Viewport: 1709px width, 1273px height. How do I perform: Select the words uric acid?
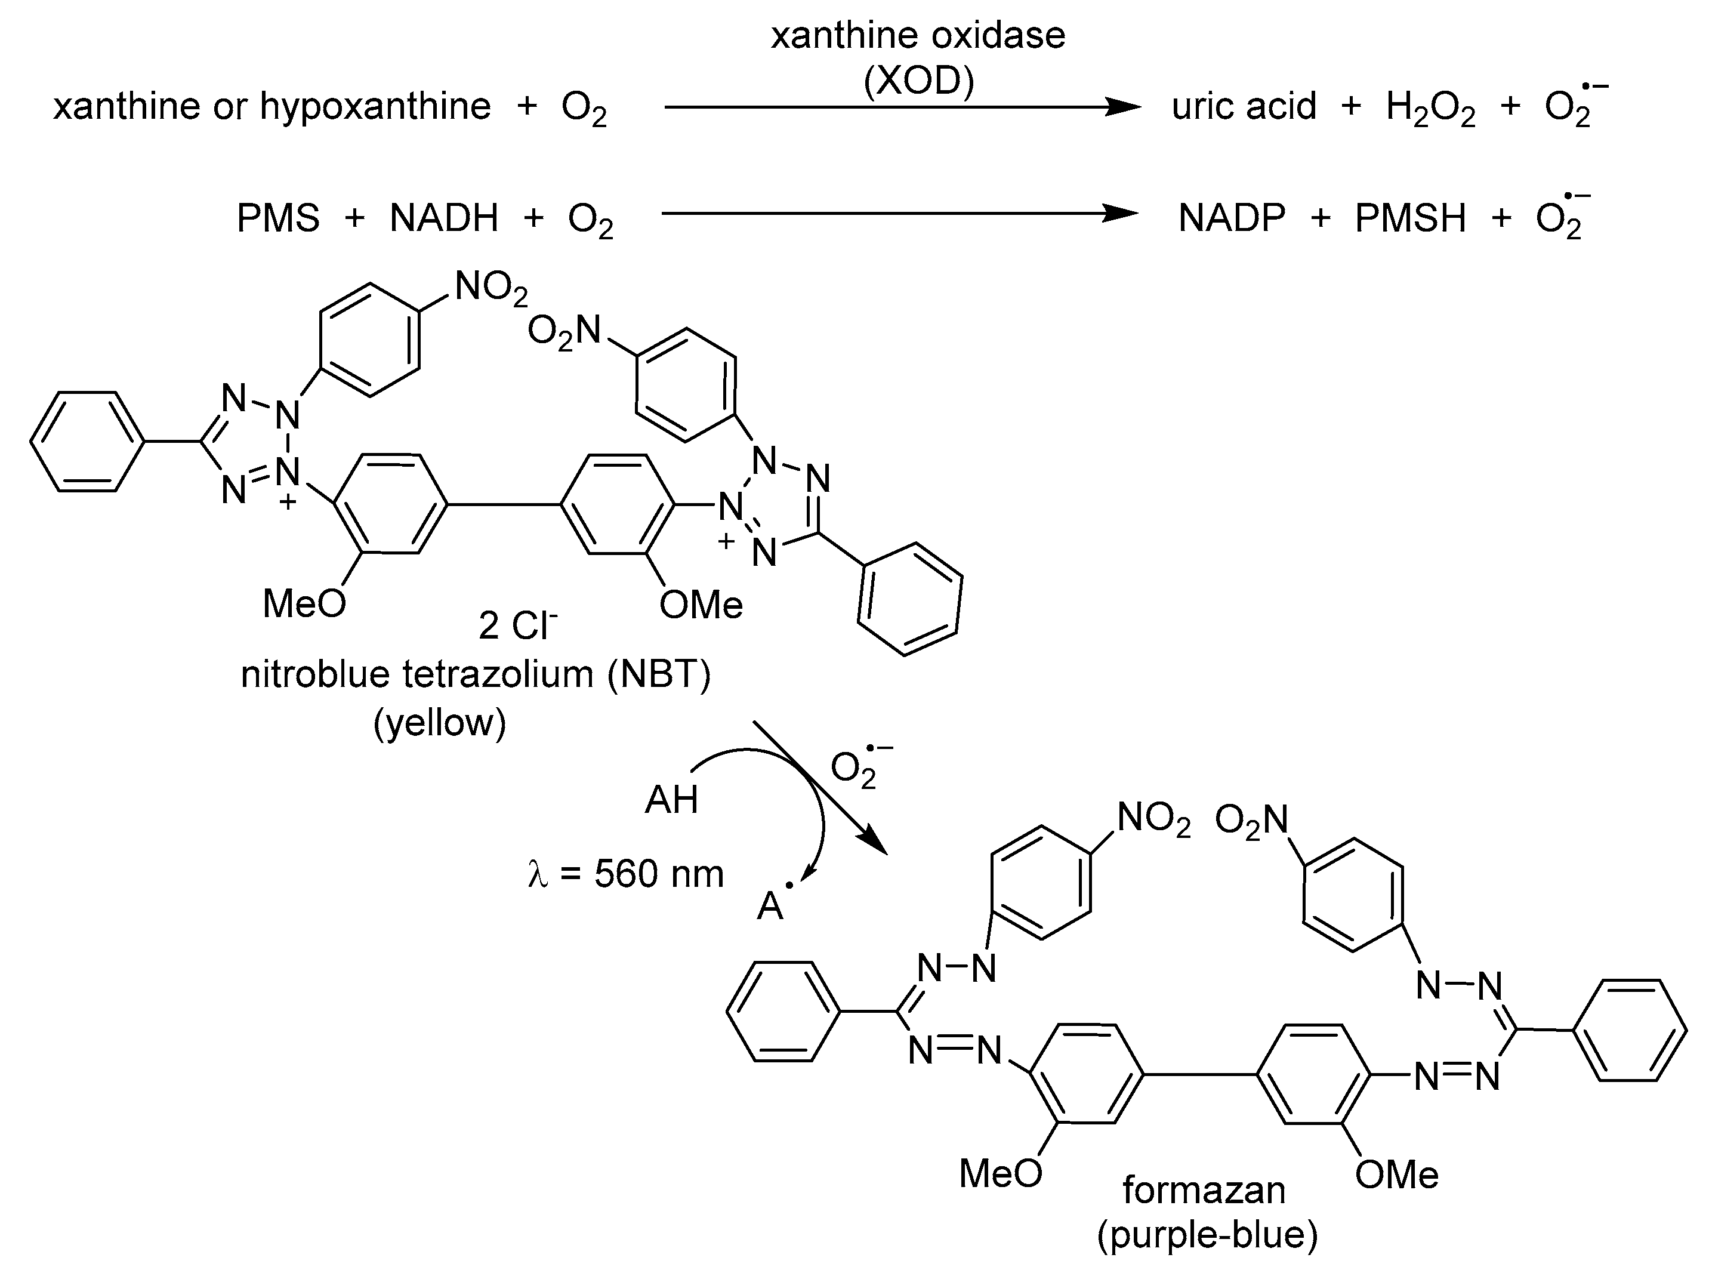click(x=1244, y=106)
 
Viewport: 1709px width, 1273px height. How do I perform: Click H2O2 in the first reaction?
click(x=1430, y=109)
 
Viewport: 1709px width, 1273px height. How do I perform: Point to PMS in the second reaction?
click(x=278, y=218)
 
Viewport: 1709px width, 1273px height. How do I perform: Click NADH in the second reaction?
click(x=445, y=218)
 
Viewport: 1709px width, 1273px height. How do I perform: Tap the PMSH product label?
click(x=1410, y=218)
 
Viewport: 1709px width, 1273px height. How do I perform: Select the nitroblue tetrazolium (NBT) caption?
click(x=476, y=674)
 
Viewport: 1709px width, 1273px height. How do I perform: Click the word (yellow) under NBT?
click(x=440, y=722)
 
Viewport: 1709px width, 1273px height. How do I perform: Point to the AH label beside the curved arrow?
click(x=671, y=800)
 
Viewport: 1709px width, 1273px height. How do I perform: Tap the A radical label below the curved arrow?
click(x=772, y=905)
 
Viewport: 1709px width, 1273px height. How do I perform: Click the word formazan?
click(x=1204, y=1191)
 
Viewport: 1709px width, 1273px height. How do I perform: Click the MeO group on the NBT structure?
click(x=304, y=603)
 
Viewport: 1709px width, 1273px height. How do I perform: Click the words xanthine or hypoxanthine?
click(x=272, y=106)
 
